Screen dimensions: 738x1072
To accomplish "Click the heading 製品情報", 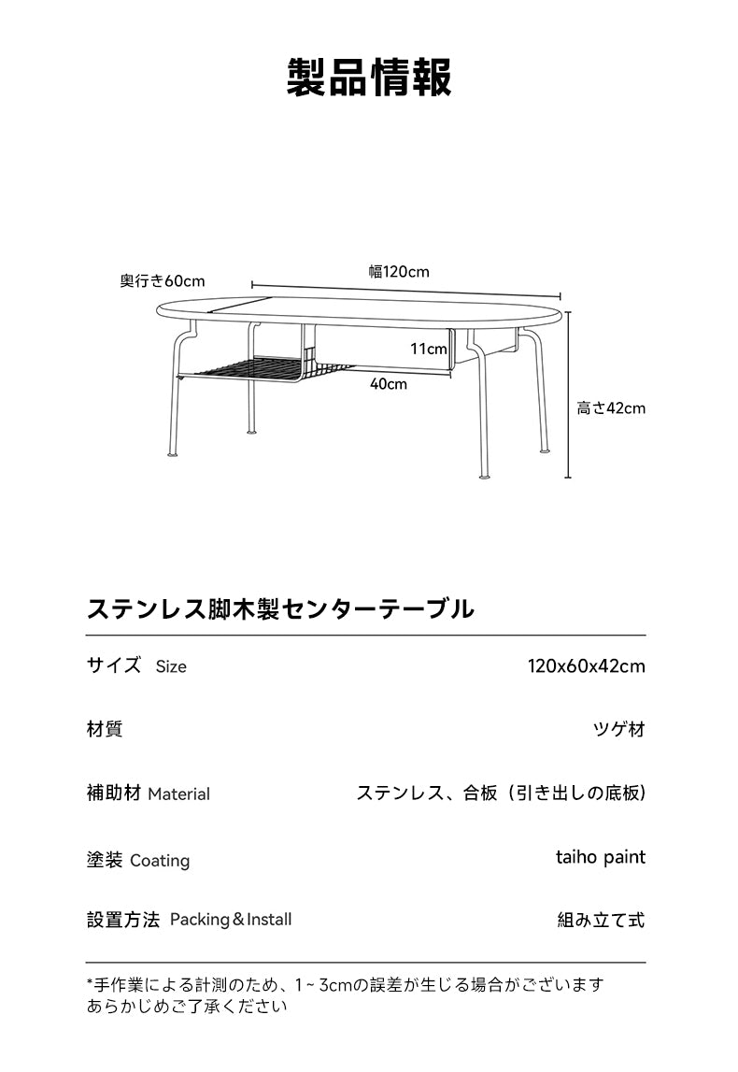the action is click(369, 78).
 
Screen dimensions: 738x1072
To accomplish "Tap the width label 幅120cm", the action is click(399, 271).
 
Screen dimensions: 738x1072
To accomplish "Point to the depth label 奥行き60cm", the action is click(163, 281).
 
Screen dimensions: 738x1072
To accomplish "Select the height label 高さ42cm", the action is click(611, 408).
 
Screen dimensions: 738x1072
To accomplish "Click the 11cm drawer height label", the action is click(429, 349).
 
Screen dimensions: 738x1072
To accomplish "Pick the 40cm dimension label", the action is click(389, 383).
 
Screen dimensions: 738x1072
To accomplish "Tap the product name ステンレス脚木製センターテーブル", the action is click(280, 607).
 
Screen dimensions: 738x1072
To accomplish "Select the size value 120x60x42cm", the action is click(587, 665).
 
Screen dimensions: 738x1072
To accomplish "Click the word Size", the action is click(171, 666).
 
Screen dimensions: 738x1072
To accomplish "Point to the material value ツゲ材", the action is click(619, 729).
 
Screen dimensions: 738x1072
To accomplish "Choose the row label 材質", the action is click(105, 729).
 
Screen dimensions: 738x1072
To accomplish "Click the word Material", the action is click(179, 793).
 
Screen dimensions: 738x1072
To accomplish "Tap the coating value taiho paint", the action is click(601, 857).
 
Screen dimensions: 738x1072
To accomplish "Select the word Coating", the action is click(160, 860).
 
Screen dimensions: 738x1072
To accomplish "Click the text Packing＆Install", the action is click(231, 920).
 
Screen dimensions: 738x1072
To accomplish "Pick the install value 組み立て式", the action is click(602, 920).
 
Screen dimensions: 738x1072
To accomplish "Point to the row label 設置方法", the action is click(123, 920).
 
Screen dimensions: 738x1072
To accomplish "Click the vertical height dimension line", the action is click(568, 394).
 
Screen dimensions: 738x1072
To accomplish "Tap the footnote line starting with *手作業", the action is click(345, 984).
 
